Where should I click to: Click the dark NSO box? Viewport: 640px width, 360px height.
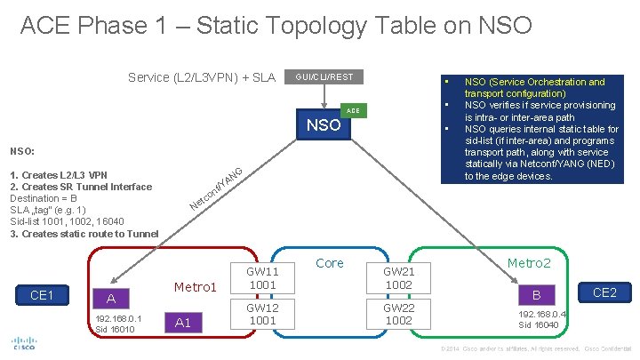324,125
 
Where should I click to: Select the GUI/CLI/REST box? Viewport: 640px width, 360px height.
324,77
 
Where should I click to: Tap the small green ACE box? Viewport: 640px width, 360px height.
353,109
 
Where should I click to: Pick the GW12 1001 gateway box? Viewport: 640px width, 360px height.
262,314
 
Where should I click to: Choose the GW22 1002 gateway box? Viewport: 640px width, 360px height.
399,314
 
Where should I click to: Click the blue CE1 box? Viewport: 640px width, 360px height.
41,295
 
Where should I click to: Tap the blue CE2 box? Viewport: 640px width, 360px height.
604,292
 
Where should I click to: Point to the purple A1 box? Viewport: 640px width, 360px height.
183,323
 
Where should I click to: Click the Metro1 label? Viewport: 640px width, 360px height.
196,287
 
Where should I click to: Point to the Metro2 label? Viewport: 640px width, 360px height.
529,264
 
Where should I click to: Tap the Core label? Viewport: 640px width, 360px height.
330,263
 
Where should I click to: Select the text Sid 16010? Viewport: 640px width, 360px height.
114,329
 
